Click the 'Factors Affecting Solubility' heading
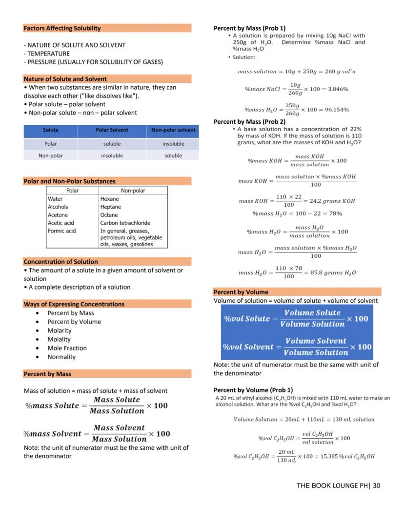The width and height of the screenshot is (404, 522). pos(62,28)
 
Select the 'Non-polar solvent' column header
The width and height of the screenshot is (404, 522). pos(173,130)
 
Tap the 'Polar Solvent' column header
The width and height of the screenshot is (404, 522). pos(112,130)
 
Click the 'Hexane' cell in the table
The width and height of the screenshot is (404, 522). pos(110,199)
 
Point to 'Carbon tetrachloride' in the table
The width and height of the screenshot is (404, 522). pos(125,223)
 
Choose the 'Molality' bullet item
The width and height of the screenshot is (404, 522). pos(59,339)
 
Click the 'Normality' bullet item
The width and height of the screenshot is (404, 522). pos(61,357)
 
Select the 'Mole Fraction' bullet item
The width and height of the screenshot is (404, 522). pos(67,348)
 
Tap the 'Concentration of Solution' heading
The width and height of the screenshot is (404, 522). pos(61,262)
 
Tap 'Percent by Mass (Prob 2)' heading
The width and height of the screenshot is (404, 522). pos(249,121)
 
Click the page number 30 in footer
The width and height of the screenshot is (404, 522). pos(376,485)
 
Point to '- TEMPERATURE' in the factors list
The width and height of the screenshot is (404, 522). pos(47,54)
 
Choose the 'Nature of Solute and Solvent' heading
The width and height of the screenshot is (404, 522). pos(65,79)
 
